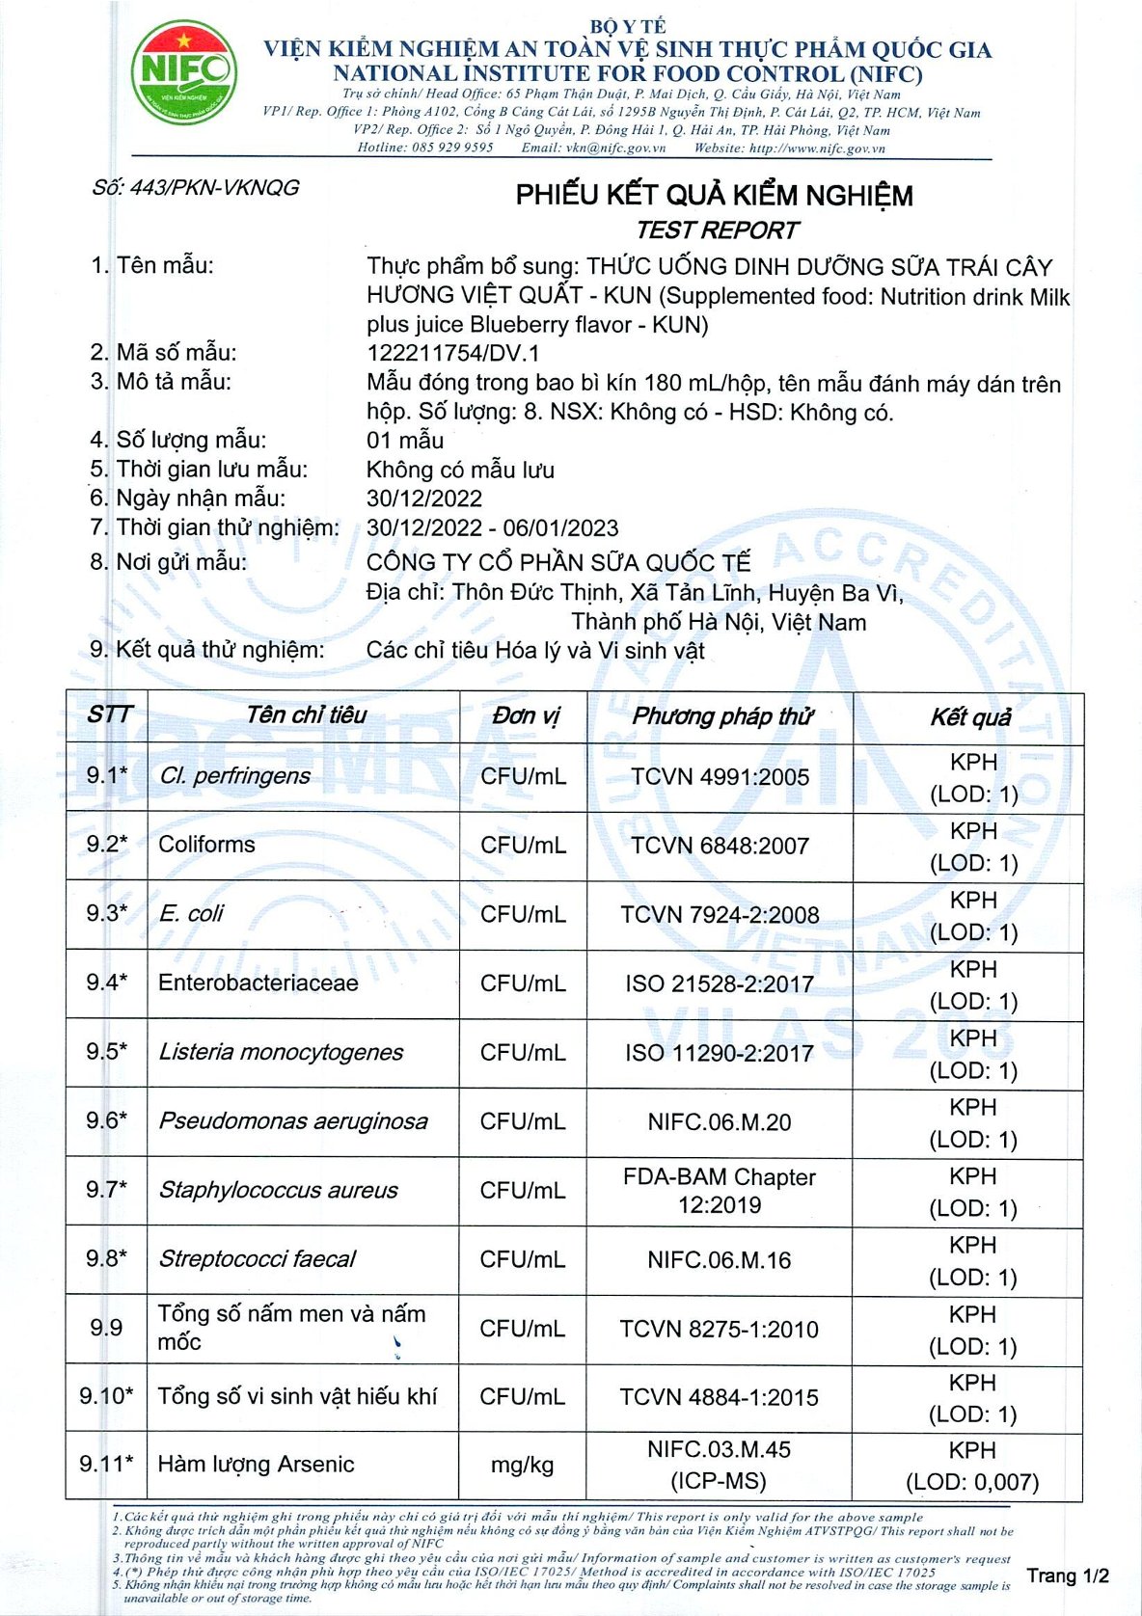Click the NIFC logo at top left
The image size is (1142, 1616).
183,72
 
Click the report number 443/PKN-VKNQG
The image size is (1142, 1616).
196,187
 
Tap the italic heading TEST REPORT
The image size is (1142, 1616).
717,230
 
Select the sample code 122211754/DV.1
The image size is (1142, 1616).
453,353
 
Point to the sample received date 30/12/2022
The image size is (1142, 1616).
424,498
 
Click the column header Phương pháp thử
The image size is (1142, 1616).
721,716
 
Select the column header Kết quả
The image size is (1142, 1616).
970,717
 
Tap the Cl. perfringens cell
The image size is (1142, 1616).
234,776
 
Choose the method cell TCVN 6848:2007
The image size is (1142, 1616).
720,846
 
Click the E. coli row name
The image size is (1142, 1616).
191,913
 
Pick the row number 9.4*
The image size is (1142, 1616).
106,983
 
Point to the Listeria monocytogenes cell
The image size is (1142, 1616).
281,1052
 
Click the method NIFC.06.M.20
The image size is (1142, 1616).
720,1122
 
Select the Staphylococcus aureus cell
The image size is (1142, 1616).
278,1190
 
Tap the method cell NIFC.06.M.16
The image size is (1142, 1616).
720,1260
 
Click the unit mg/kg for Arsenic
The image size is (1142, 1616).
522,1466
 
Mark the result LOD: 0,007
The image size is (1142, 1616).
972,1482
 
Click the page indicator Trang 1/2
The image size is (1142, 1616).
1068,1576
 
